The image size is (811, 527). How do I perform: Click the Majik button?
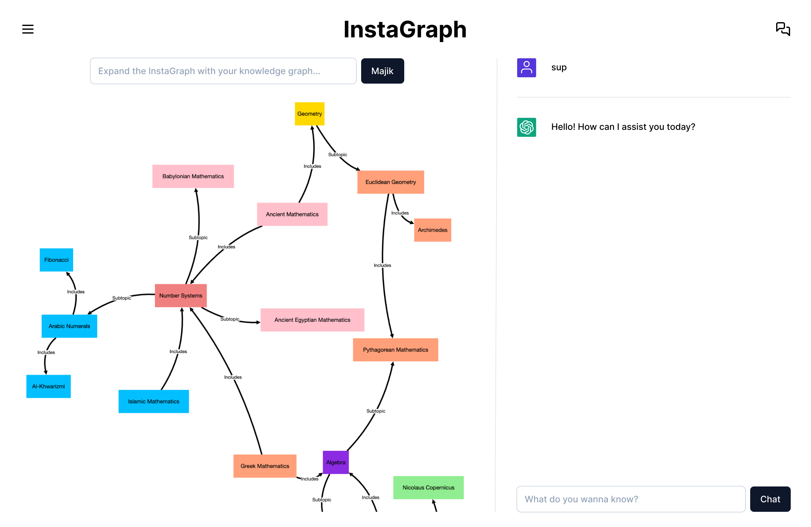[x=382, y=71]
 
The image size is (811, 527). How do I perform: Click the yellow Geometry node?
[x=310, y=114]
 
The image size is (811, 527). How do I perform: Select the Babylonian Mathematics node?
[x=193, y=176]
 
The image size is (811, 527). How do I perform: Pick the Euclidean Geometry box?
[x=391, y=182]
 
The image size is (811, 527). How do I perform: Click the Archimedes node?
[x=432, y=230]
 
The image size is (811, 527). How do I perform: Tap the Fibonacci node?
[x=56, y=260]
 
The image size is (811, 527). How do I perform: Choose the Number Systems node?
[x=181, y=296]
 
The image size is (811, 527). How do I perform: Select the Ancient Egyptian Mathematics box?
[x=312, y=320]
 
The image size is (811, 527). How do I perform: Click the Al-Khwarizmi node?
[x=48, y=386]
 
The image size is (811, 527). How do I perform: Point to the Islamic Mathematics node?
[x=153, y=401]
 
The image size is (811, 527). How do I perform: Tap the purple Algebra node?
[x=335, y=462]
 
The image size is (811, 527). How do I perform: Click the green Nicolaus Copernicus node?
[x=428, y=487]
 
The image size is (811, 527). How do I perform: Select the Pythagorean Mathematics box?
[x=395, y=350]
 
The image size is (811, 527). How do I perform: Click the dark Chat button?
[x=770, y=499]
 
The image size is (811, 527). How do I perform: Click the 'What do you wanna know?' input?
[x=630, y=499]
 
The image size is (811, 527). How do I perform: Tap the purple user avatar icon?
[x=527, y=68]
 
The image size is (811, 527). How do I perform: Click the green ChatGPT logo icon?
[x=527, y=127]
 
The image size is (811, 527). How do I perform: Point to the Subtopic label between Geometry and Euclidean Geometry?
[x=337, y=155]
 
